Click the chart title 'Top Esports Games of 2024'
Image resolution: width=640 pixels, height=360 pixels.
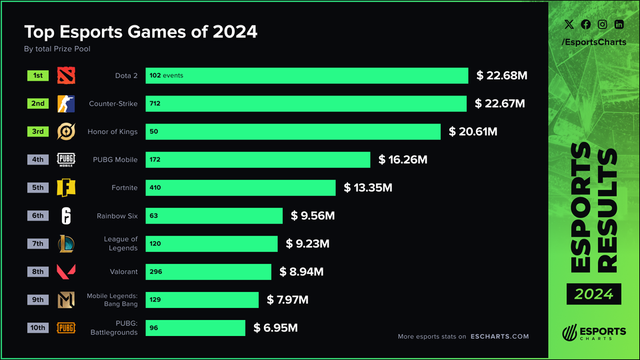tap(140, 32)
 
